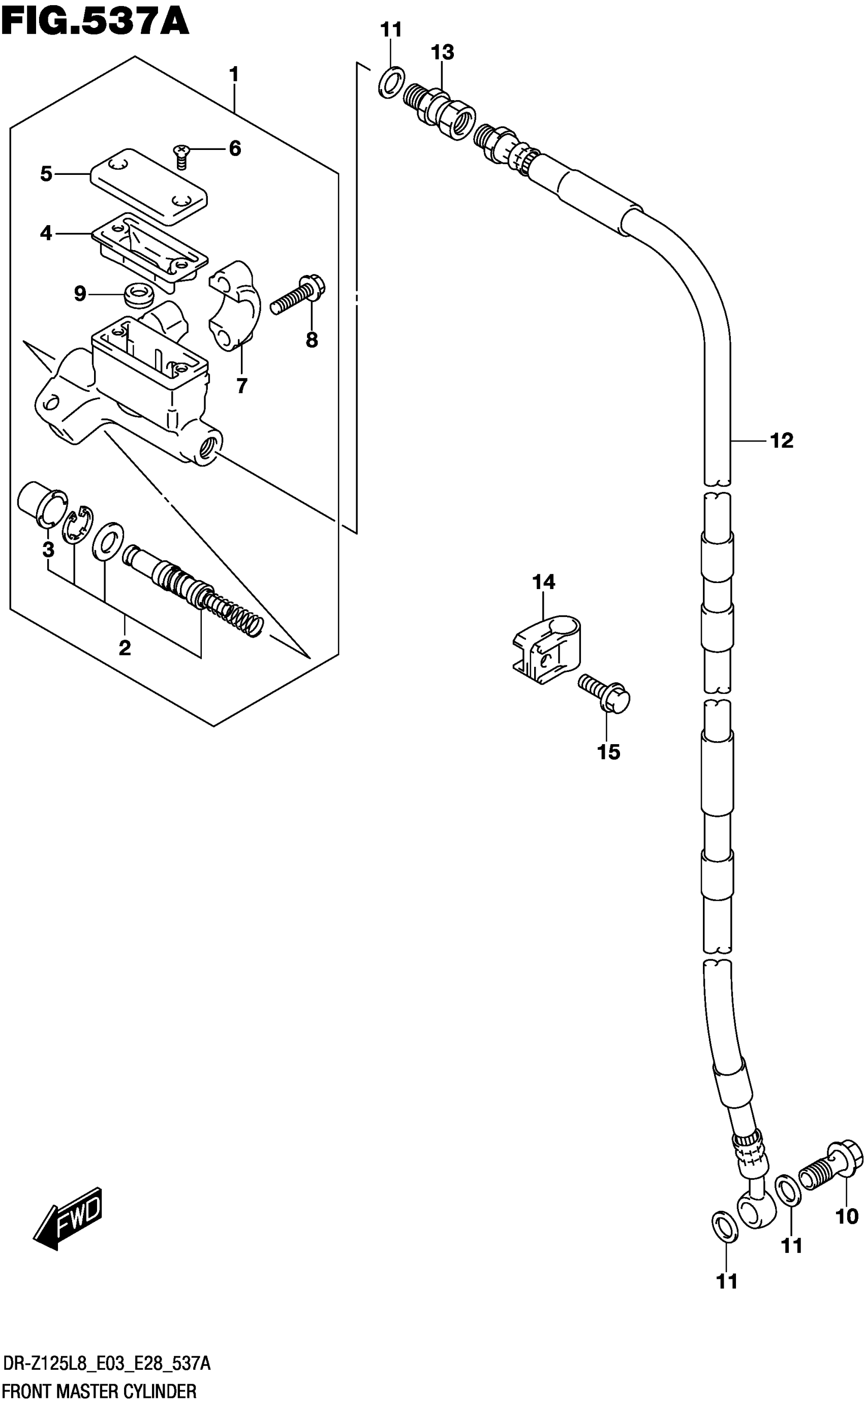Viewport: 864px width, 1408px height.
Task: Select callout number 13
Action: point(442,52)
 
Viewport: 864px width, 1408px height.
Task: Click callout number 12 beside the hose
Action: point(782,441)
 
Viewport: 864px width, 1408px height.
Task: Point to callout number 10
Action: point(847,1233)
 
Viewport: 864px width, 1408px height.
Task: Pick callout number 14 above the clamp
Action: point(543,583)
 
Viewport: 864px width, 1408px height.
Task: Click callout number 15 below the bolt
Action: point(608,752)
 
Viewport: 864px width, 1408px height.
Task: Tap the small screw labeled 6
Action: point(181,156)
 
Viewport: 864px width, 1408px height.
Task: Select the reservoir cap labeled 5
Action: point(148,186)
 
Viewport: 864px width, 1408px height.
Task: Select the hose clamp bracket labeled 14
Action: point(546,649)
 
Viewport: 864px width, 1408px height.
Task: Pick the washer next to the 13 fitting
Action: point(391,82)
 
